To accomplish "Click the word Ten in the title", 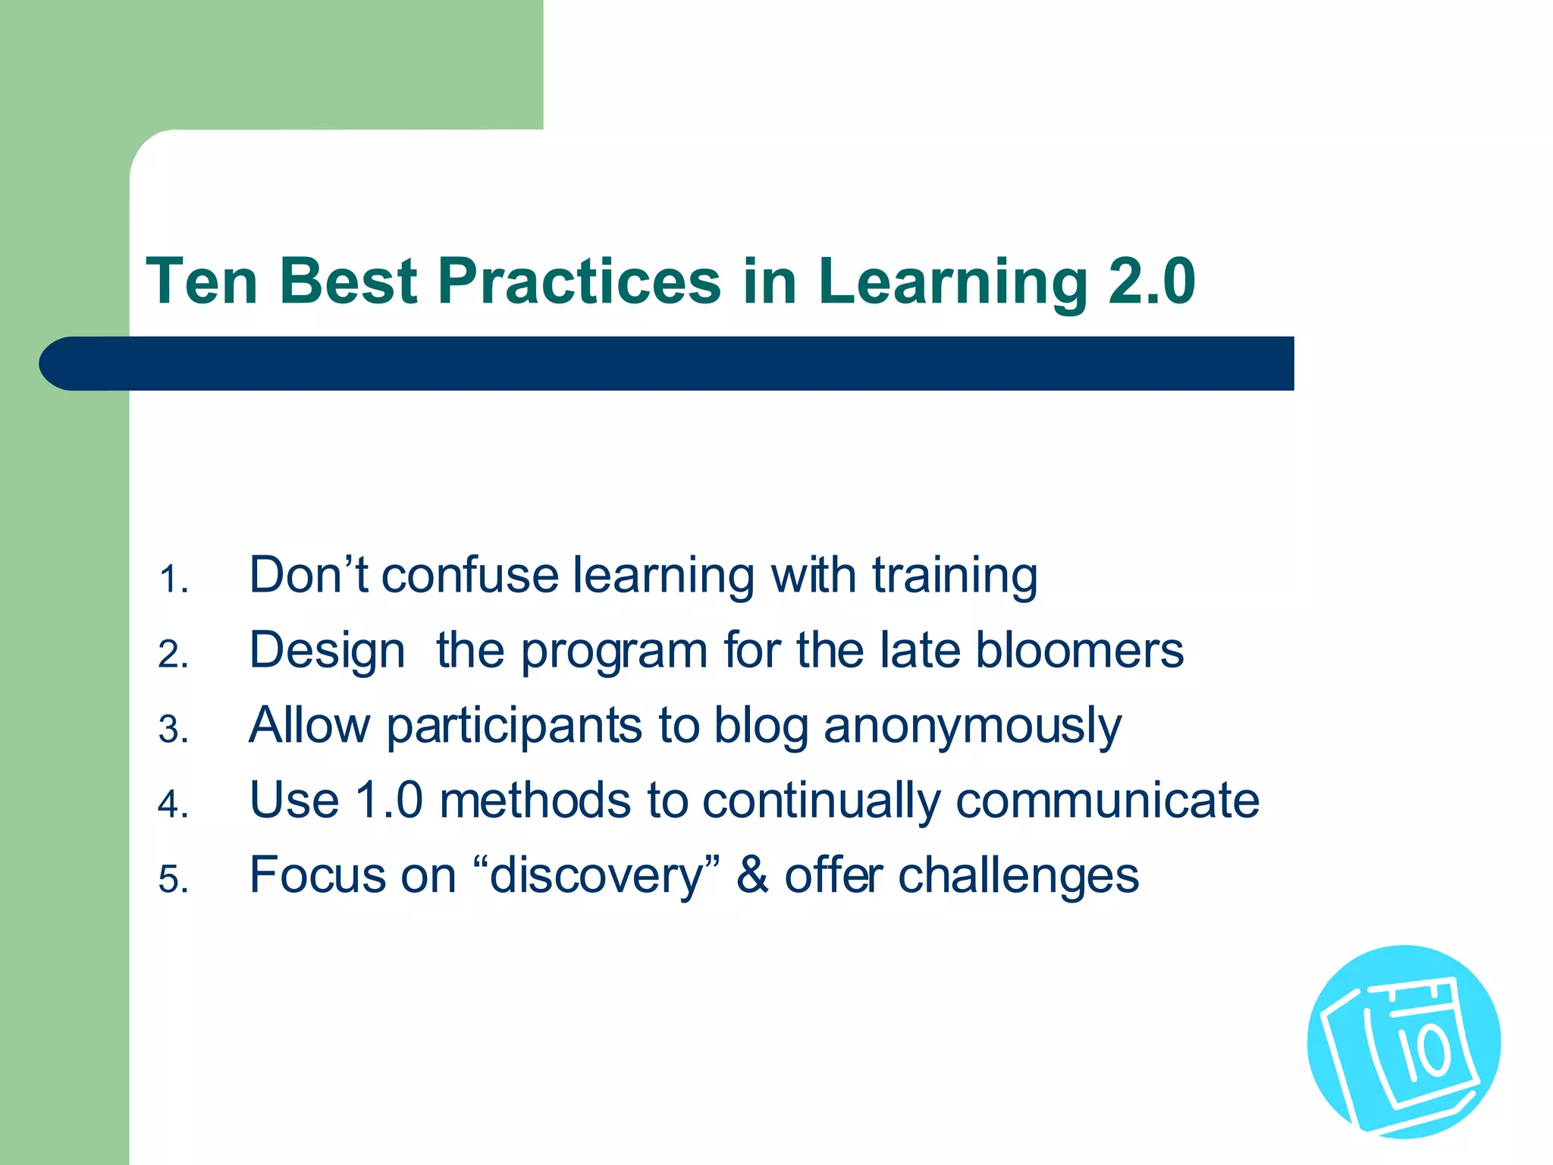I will (x=202, y=281).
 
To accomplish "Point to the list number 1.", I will (x=172, y=580).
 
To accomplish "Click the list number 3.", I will (x=172, y=730).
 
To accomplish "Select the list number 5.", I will (x=172, y=881).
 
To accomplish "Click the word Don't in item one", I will (x=308, y=574).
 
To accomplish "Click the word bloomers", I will (x=1079, y=650).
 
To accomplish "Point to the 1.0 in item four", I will (x=388, y=800).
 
